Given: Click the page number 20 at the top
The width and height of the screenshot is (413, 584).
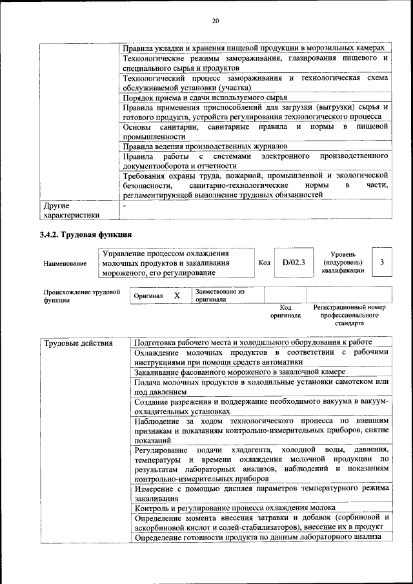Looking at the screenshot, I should (x=216, y=22).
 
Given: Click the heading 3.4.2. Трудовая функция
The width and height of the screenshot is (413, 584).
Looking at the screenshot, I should (x=85, y=234).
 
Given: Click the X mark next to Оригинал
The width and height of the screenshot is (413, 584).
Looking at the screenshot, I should (x=177, y=295).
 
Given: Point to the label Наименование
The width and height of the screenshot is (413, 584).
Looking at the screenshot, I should (x=65, y=263).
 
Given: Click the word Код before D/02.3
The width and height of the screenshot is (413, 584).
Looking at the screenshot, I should (x=265, y=263).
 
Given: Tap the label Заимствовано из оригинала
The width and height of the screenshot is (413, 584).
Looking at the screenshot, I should (x=219, y=296).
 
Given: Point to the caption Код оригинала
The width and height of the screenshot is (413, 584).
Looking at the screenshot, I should (x=285, y=312).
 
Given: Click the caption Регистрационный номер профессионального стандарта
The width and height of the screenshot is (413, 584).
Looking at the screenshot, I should (x=349, y=315).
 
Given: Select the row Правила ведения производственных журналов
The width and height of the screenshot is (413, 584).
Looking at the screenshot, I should (x=210, y=146).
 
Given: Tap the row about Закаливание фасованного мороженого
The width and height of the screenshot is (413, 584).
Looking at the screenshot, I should (x=240, y=372).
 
